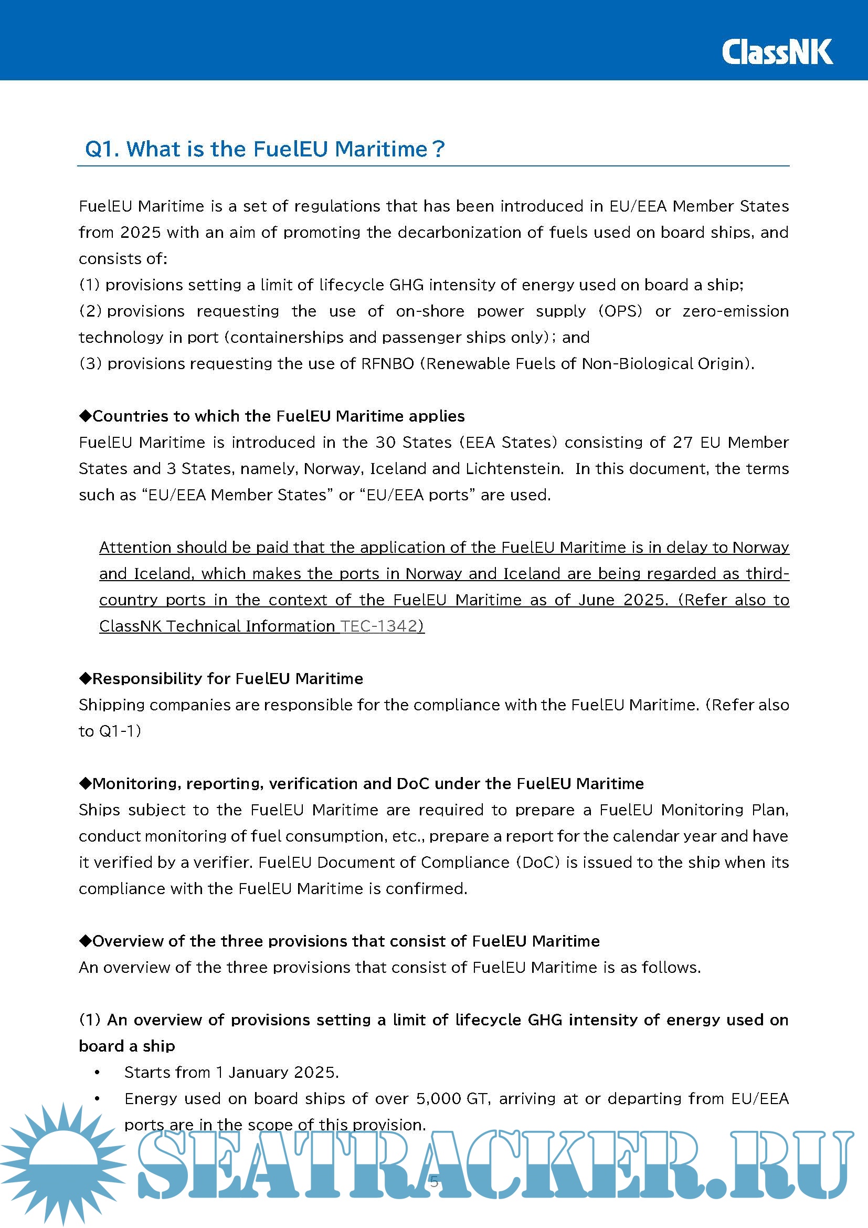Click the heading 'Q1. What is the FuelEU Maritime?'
pos(264,149)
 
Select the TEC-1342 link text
pos(382,626)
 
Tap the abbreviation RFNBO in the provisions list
pos(387,364)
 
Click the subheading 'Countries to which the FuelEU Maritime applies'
pos(272,416)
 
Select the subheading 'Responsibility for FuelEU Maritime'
pos(221,679)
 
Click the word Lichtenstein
pos(514,469)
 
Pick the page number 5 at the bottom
pos(434,1181)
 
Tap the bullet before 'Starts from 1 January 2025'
pos(97,1073)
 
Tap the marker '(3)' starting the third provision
pos(90,364)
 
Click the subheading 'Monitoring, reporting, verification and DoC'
pos(361,783)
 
